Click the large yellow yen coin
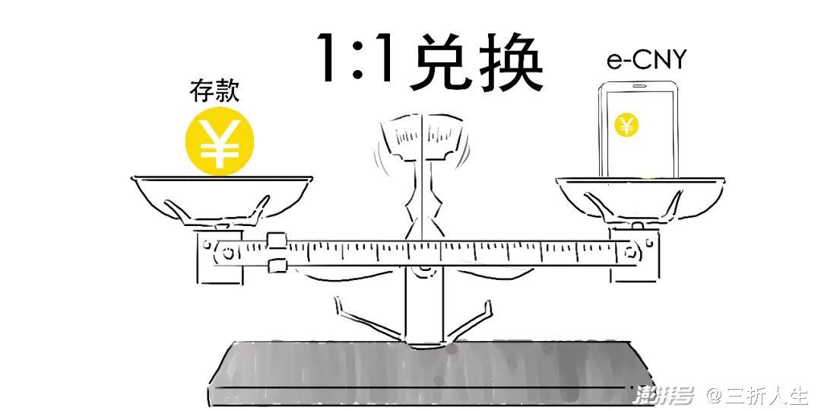(x=220, y=141)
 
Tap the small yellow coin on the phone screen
(x=626, y=126)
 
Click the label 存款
(x=214, y=91)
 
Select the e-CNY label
(x=646, y=60)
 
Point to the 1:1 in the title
(x=357, y=58)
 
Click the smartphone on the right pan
(x=638, y=129)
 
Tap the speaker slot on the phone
(x=639, y=85)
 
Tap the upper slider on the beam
(x=276, y=241)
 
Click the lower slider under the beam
(x=277, y=266)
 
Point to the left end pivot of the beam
(x=228, y=253)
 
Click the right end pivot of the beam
(x=630, y=253)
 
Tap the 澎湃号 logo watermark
(x=663, y=394)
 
